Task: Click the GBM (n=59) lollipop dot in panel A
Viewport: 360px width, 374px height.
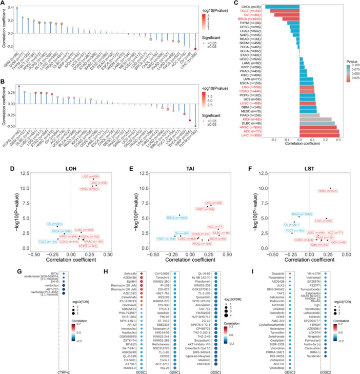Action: tap(17, 9)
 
